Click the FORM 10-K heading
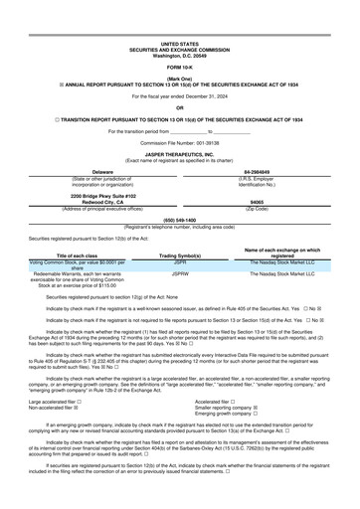[179, 39]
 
